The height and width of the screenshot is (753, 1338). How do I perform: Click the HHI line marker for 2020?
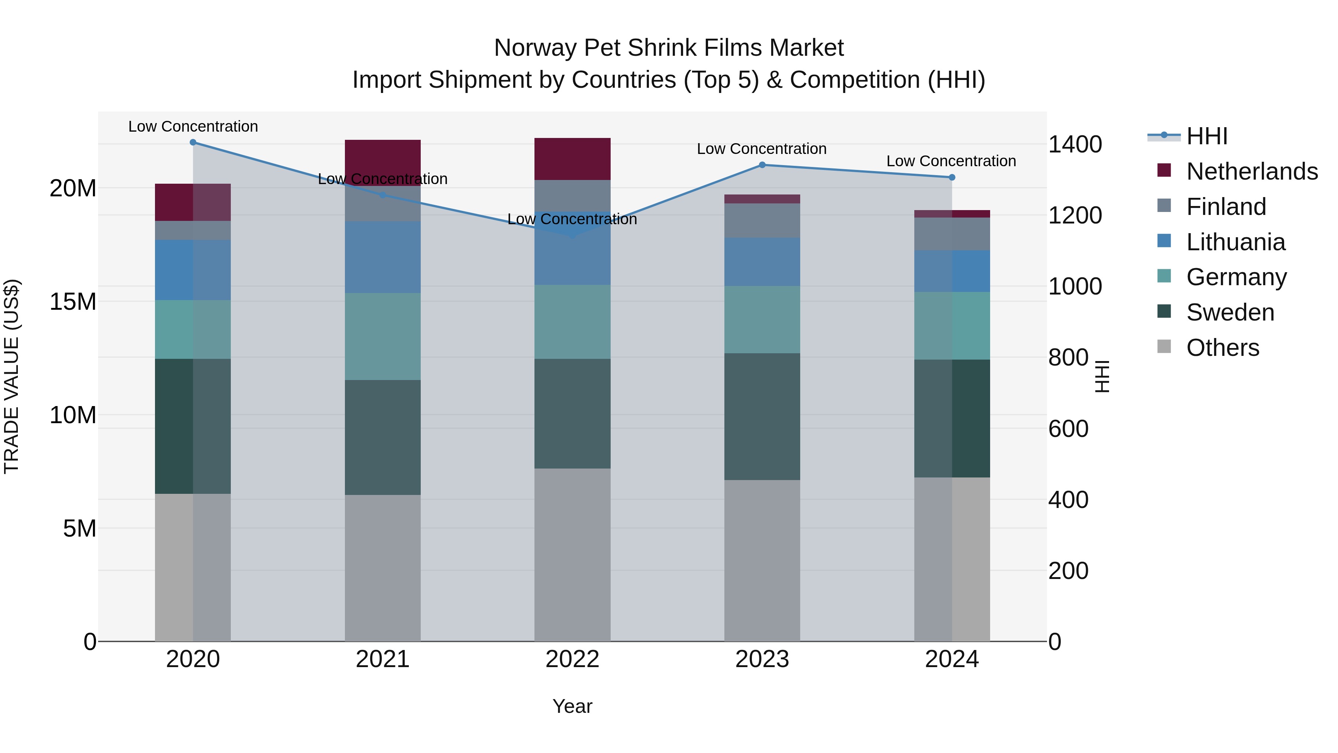pos(193,142)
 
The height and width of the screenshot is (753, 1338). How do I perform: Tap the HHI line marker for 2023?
pos(762,165)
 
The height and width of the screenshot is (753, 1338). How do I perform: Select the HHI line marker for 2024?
pos(951,177)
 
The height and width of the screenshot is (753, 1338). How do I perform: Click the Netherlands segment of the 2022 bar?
pos(572,159)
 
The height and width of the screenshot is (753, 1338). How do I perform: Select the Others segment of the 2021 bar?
pos(382,567)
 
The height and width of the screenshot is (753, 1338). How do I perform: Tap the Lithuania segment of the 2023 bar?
pos(762,262)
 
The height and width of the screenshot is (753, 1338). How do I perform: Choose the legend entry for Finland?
pos(1226,207)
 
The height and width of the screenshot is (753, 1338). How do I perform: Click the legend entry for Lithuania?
pos(1235,242)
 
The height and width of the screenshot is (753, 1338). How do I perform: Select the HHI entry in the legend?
pos(1206,136)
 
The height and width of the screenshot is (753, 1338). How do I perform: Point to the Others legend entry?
pos(1222,348)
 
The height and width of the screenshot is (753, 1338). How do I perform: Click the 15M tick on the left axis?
pos(73,302)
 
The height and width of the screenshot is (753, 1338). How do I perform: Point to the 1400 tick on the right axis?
pos(1074,145)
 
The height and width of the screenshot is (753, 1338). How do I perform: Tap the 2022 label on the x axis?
pos(572,659)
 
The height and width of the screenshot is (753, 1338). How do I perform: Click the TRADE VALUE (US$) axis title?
pos(12,376)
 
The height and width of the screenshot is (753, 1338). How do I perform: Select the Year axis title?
pos(572,706)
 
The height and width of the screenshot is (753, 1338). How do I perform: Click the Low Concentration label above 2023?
pos(762,149)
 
